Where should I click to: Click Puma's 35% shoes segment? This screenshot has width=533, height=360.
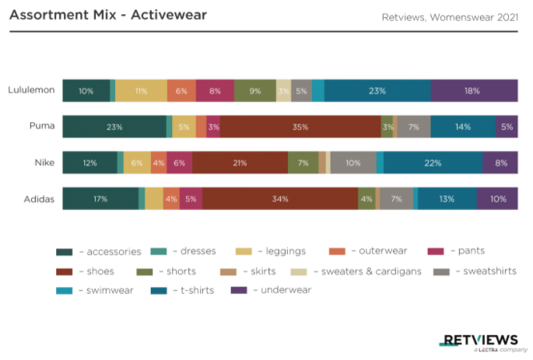(x=300, y=127)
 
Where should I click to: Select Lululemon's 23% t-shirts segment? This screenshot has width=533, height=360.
(x=377, y=91)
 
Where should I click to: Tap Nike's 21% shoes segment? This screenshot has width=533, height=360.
(x=240, y=163)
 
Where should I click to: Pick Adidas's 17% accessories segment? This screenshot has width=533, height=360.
(x=100, y=199)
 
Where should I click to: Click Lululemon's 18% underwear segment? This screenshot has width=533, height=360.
(x=474, y=91)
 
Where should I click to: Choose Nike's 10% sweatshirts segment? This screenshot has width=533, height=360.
(x=353, y=163)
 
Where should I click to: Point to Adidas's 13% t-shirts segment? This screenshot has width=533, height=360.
(x=447, y=199)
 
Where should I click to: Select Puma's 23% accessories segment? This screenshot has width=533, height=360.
(x=114, y=127)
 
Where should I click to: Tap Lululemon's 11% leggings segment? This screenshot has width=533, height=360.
(x=141, y=91)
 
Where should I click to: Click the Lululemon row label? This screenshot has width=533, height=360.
(x=31, y=90)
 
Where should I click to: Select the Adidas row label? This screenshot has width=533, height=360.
(x=39, y=199)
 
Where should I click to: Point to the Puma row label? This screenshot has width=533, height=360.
(x=42, y=126)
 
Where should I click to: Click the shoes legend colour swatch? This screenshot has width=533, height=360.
(x=65, y=271)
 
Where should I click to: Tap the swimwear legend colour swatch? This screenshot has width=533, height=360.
(x=65, y=291)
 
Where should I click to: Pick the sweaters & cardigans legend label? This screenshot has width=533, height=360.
(x=371, y=271)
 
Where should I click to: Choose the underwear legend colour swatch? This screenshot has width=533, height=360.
(x=239, y=290)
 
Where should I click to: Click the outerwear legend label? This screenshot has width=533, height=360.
(x=383, y=250)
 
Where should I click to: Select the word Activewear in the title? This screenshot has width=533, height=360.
(x=169, y=15)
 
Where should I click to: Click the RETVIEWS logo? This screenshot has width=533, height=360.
(x=480, y=341)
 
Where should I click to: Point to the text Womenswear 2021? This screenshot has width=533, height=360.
(x=474, y=17)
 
